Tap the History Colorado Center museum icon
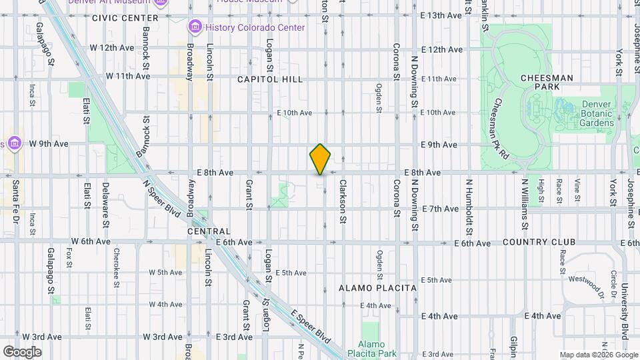[x=195, y=27]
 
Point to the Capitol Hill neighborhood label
[x=270, y=79]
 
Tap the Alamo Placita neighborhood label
[x=377, y=288]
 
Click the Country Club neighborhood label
[x=534, y=241]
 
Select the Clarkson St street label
[x=343, y=201]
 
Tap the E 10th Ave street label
[x=295, y=113]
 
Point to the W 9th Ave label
[x=48, y=143]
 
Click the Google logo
[x=22, y=352]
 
